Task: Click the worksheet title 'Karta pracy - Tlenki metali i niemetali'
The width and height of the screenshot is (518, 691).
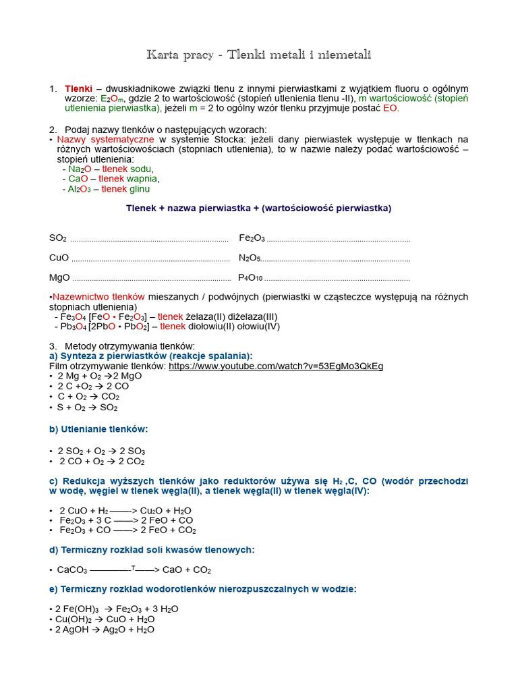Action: (x=258, y=55)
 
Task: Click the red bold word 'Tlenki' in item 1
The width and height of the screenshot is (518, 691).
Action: (x=78, y=88)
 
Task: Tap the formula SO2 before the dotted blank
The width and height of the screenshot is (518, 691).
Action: (x=58, y=238)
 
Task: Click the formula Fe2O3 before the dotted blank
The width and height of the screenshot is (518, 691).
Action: (x=252, y=238)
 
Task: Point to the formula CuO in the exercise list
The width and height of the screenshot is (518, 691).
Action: (x=59, y=258)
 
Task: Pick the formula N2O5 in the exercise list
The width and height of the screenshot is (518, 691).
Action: (x=250, y=258)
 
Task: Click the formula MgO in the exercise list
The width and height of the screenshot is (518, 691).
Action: (x=59, y=277)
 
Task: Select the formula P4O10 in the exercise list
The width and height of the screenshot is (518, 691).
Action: (x=250, y=277)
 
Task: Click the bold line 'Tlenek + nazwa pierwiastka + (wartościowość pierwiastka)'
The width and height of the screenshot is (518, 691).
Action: (x=258, y=208)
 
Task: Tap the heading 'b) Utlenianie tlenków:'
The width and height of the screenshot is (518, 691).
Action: (x=98, y=429)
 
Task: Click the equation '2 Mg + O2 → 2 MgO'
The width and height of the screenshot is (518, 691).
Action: (x=100, y=376)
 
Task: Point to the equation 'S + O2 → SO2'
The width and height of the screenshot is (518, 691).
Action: (x=88, y=408)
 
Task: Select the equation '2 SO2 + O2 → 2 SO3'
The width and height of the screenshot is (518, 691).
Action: (x=102, y=451)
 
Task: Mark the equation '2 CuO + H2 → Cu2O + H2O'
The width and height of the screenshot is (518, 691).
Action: (x=125, y=511)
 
